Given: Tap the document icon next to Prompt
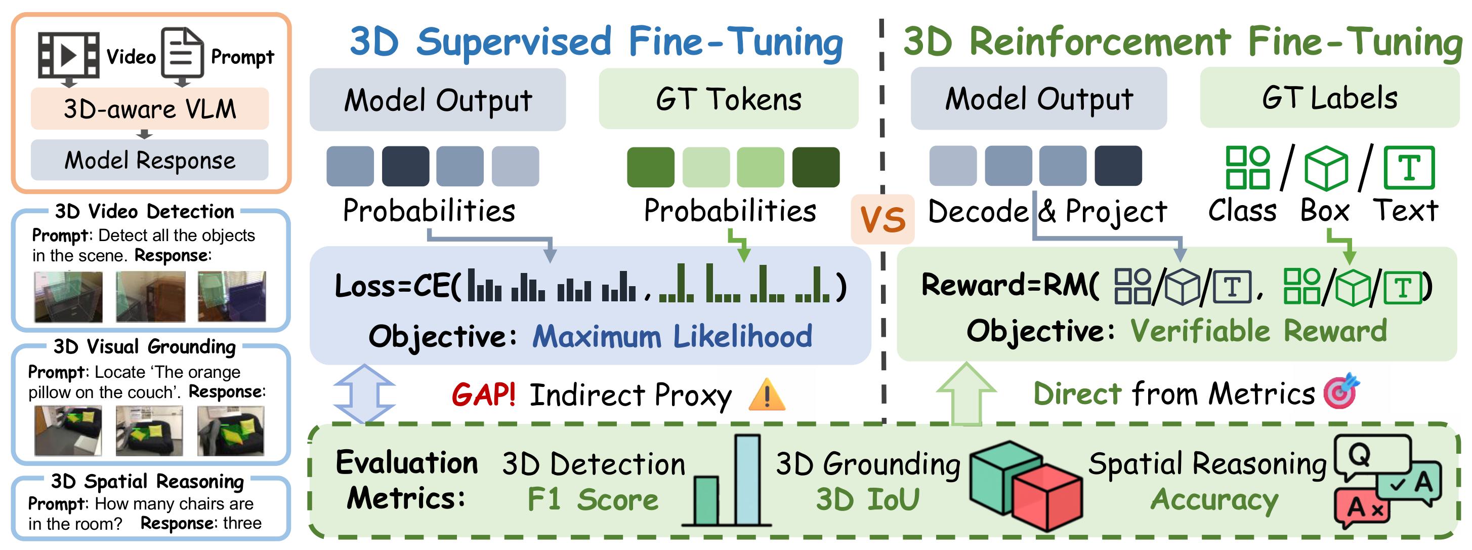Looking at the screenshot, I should (x=182, y=53).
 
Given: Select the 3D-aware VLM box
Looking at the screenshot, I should (x=150, y=108).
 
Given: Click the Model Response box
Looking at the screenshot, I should (x=150, y=160).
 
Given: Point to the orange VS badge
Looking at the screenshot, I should (x=882, y=219).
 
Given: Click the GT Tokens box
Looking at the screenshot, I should (x=728, y=99).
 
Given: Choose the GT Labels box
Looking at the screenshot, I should (x=1329, y=97).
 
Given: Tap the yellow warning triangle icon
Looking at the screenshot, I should (x=767, y=395).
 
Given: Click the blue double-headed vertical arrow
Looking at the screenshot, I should (x=364, y=394).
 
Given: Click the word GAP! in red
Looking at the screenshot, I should (x=483, y=395).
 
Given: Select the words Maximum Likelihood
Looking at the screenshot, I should (x=672, y=336).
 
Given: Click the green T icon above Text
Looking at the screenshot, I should (x=1409, y=168).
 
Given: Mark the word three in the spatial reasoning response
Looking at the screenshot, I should (x=242, y=523).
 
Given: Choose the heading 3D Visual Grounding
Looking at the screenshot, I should (x=145, y=346).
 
